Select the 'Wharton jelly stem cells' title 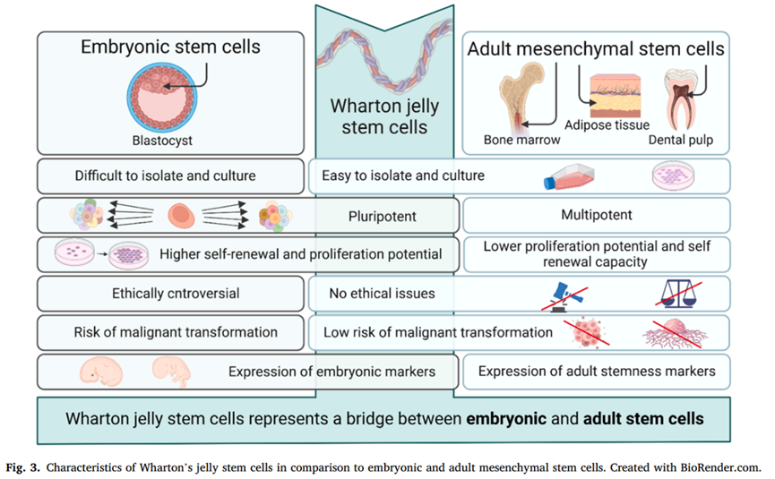click(x=384, y=115)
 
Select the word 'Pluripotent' click(x=384, y=216)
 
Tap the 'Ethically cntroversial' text click(x=165, y=293)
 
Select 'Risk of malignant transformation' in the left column click(x=175, y=332)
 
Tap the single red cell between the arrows click(x=180, y=216)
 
